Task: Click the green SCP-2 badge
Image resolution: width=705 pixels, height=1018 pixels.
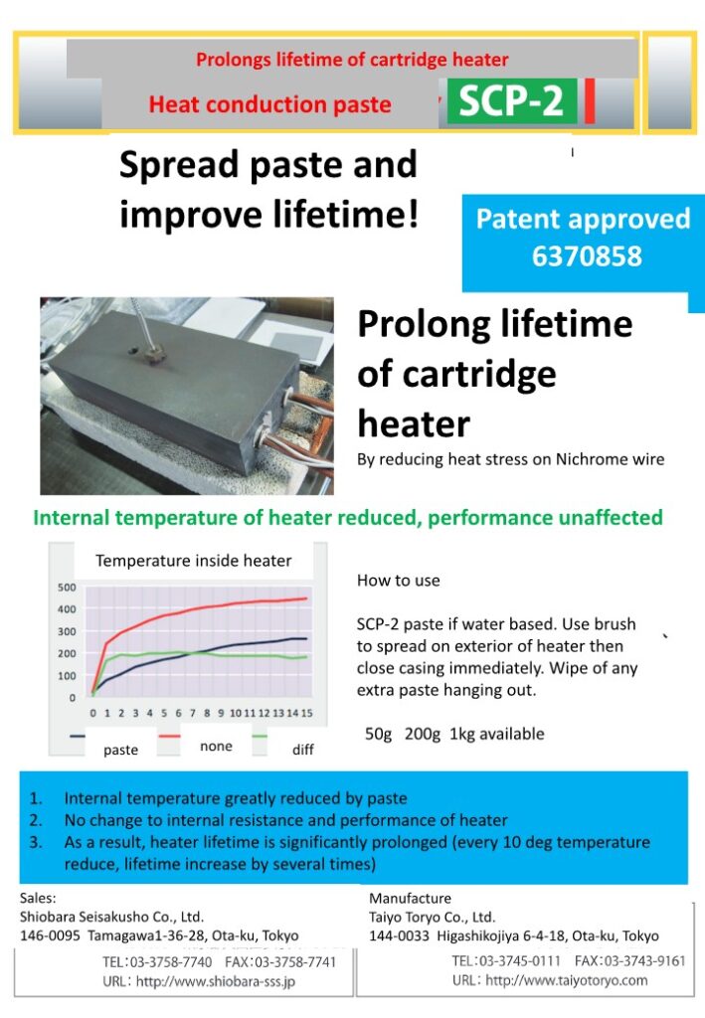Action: coord(511,101)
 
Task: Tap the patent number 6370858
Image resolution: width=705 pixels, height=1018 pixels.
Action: coord(587,255)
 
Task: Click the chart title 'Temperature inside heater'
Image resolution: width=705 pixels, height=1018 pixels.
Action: coord(194,561)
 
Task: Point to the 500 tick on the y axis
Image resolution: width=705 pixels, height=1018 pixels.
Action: coord(67,588)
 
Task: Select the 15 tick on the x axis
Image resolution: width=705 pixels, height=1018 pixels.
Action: coord(307,713)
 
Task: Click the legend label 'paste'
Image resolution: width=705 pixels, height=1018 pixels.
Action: coord(120,750)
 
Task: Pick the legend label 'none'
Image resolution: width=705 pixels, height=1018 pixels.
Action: coord(216,746)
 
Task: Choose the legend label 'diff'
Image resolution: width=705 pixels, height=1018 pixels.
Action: coord(303,750)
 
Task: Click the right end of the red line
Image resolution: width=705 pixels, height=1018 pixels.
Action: coord(306,598)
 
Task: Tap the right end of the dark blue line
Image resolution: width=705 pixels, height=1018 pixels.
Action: coord(306,639)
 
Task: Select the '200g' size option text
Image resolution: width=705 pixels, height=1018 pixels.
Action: coord(423,734)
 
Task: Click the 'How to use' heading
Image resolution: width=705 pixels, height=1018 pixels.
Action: coord(399,580)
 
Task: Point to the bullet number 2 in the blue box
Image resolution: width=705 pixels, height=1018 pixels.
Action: coord(36,820)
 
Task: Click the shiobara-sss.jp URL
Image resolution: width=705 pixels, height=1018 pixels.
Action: coord(216,981)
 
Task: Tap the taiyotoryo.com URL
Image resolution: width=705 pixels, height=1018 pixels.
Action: coord(567,979)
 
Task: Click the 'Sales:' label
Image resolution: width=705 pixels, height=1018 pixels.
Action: coord(39,898)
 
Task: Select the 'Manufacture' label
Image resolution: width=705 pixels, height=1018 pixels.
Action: coord(411,898)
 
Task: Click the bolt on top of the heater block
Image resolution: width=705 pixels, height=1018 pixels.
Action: coord(153,353)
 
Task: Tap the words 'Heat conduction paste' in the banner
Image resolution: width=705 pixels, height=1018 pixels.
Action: coord(270,104)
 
